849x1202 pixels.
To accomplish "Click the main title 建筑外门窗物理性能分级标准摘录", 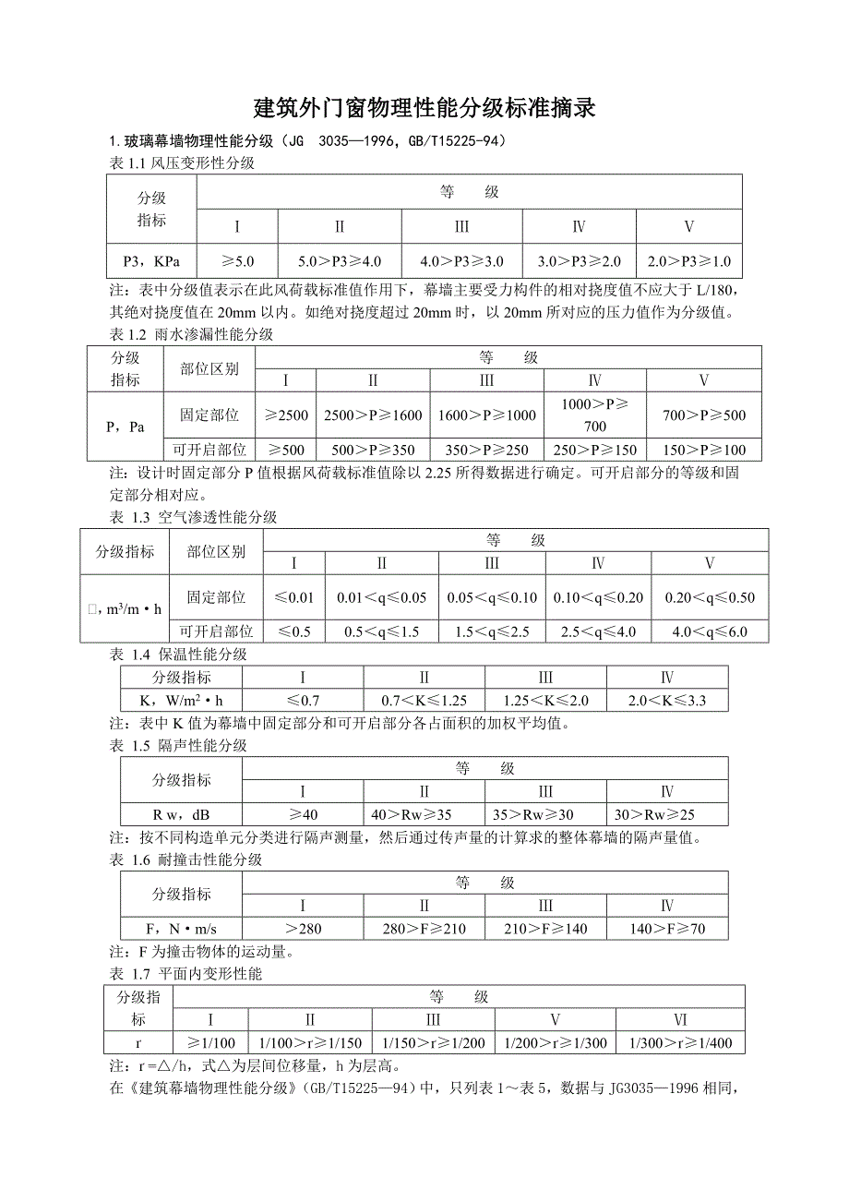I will (424, 109).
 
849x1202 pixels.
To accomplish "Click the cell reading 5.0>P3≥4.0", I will (340, 261).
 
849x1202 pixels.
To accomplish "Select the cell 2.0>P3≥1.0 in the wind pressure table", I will (688, 261).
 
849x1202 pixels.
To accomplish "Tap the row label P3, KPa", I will (152, 261).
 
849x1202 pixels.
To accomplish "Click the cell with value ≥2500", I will (286, 415).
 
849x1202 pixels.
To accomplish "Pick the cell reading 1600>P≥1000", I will (486, 415).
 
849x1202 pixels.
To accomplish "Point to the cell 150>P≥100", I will (703, 451).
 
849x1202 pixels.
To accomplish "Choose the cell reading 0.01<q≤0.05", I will (381, 597).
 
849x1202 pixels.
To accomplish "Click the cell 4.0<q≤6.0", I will (709, 632).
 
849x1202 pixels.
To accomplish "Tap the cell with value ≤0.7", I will (303, 701).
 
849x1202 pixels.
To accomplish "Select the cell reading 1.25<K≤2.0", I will (545, 701).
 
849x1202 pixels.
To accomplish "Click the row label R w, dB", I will (182, 815).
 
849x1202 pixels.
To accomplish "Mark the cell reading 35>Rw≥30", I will (545, 815).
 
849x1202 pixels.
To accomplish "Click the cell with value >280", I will (303, 929).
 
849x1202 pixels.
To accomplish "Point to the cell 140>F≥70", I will (667, 929).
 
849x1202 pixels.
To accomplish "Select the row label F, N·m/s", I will (182, 929).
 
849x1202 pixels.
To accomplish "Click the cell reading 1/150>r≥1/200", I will (434, 1043).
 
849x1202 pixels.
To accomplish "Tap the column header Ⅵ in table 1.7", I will (680, 1020).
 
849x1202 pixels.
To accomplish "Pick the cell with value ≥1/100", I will (210, 1043).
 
